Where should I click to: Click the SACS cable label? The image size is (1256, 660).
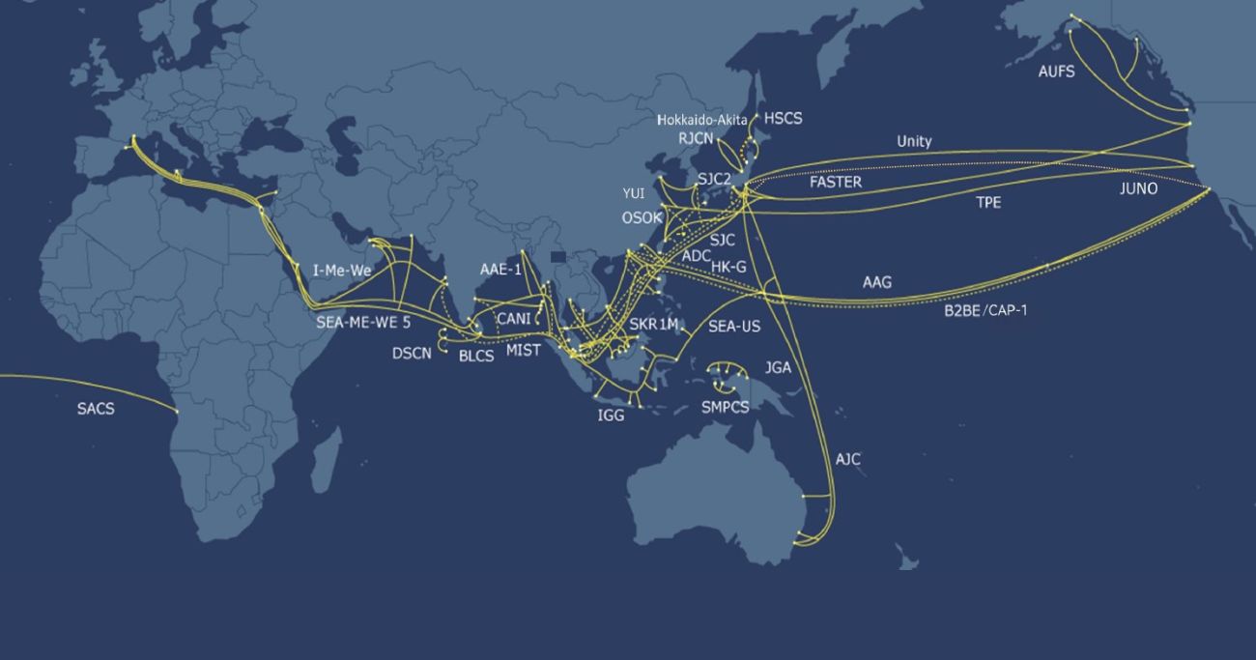click(96, 409)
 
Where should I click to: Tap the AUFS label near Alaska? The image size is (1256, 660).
click(1056, 72)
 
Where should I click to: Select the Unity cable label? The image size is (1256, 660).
click(914, 141)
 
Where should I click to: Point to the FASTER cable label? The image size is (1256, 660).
click(836, 182)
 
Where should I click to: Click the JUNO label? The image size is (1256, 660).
click(1138, 188)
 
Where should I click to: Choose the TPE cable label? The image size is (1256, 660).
click(988, 203)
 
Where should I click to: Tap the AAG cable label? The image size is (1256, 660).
click(877, 283)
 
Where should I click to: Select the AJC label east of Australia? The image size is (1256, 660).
click(847, 459)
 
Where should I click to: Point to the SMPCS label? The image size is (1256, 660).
click(725, 407)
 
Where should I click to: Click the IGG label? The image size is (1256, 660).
click(611, 416)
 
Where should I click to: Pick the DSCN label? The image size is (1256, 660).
click(412, 353)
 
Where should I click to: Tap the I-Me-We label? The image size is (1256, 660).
click(342, 271)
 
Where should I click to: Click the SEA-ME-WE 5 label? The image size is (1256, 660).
click(363, 323)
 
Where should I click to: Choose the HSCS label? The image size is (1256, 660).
click(783, 119)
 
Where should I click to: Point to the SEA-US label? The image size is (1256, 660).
click(734, 327)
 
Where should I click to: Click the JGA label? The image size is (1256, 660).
click(778, 367)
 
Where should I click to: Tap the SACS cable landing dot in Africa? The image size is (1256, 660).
click(177, 413)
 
